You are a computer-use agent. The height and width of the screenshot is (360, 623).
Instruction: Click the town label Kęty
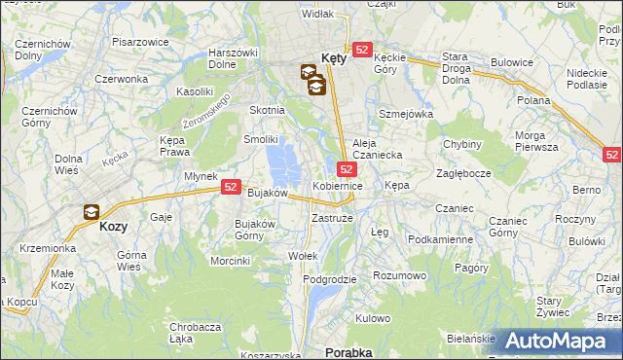click(x=334, y=57)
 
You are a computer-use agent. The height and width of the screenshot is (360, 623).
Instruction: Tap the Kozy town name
click(x=114, y=225)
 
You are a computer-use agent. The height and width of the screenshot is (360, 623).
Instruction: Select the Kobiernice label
click(x=338, y=185)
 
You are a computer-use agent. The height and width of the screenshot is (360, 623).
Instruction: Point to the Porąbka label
click(x=349, y=351)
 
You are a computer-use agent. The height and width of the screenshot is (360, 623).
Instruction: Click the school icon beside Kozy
click(x=91, y=211)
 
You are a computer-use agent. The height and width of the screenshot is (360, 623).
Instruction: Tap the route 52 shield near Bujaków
click(x=231, y=187)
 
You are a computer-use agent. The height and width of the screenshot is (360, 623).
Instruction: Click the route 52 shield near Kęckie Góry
click(x=362, y=50)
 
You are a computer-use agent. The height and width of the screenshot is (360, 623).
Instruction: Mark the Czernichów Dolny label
click(x=42, y=51)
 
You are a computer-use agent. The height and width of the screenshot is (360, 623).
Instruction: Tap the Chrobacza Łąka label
click(x=194, y=333)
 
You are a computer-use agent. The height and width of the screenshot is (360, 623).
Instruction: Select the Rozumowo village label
click(x=401, y=275)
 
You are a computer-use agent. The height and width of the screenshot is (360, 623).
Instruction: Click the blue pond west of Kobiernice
click(x=285, y=162)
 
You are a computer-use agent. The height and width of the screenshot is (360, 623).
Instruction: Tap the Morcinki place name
click(x=231, y=260)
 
